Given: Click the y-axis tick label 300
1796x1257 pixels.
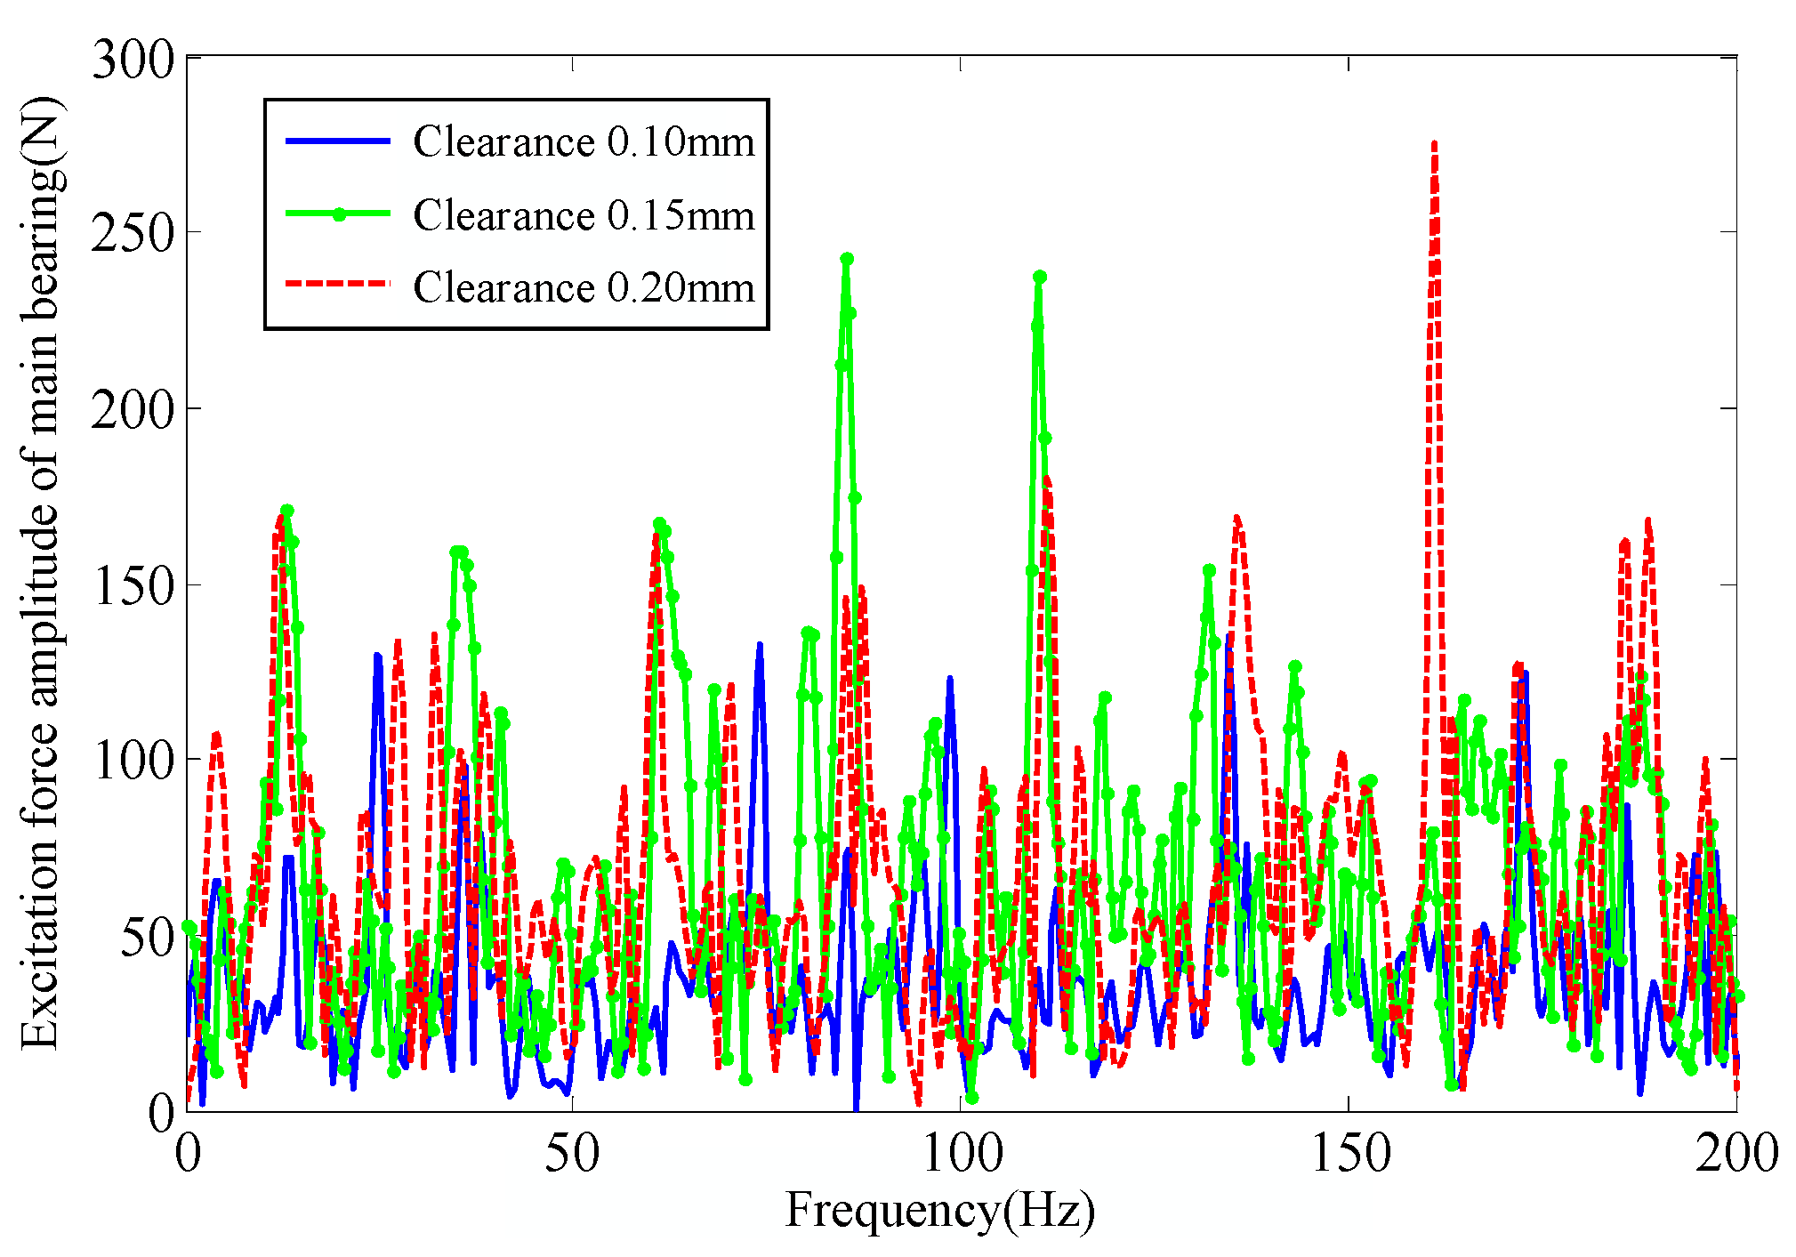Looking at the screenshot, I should pyautogui.click(x=133, y=62).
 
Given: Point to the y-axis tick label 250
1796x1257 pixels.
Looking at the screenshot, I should pyautogui.click(x=133, y=235).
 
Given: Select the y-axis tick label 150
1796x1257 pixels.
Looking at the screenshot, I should pyautogui.click(x=133, y=586).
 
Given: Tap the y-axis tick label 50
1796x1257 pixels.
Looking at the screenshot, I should pyautogui.click(x=147, y=938).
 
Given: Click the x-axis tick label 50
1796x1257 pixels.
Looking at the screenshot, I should pyautogui.click(x=571, y=1155).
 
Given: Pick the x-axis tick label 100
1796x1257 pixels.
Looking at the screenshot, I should pyautogui.click(x=962, y=1155).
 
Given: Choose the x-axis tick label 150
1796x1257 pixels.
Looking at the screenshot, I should pyautogui.click(x=1349, y=1155).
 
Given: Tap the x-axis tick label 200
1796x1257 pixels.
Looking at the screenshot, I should pyautogui.click(x=1736, y=1155).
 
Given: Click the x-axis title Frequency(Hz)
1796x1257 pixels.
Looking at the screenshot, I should pyautogui.click(x=939, y=1212).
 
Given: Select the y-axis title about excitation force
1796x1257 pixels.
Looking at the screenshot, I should pyautogui.click(x=42, y=574).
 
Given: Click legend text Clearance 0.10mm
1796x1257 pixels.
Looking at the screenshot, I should pyautogui.click(x=584, y=142).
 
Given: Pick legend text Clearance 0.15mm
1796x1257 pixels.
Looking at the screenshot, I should pyautogui.click(x=584, y=216).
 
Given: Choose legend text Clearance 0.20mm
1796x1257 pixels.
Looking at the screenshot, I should pyautogui.click(x=584, y=288).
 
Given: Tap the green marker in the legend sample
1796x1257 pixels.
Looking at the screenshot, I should pyautogui.click(x=338, y=214).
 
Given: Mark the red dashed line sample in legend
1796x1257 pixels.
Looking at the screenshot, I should pyautogui.click(x=338, y=285).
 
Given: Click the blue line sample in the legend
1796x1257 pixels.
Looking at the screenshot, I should pyautogui.click(x=338, y=141).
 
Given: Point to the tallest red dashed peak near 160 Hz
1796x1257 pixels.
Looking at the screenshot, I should pyautogui.click(x=1434, y=144).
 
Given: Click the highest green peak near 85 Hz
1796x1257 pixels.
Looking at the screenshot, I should pyautogui.click(x=847, y=259).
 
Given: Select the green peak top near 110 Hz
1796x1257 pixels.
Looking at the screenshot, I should pyautogui.click(x=1040, y=278).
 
